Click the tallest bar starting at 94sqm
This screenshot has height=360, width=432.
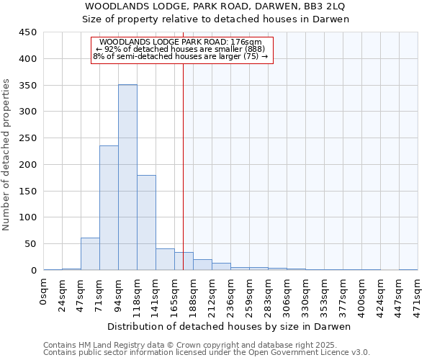coord(127,177)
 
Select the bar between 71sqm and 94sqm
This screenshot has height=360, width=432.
coord(109,208)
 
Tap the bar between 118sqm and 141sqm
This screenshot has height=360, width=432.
coord(146,222)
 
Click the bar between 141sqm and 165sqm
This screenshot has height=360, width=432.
coord(165,259)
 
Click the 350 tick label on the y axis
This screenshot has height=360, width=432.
coord(27,86)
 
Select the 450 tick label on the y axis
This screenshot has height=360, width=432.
coord(27,32)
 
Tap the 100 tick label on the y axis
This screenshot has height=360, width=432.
coord(27,217)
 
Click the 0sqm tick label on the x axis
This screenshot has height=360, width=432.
coord(44,293)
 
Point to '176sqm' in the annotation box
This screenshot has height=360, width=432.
coord(247,42)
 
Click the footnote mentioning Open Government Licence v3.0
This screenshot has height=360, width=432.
coord(207,353)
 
